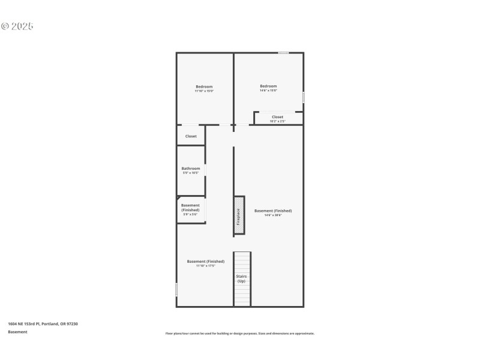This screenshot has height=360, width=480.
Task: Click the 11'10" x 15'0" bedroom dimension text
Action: (204, 91)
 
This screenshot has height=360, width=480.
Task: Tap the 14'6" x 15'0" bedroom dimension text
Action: (268, 91)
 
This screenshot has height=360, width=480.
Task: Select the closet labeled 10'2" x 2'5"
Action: (277, 119)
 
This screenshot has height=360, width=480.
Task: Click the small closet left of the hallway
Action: (191, 136)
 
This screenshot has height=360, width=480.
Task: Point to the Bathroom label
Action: (191, 169)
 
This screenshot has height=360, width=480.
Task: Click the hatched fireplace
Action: (239, 215)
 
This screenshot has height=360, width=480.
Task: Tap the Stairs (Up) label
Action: (241, 279)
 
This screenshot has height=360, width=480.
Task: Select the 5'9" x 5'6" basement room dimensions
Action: (190, 214)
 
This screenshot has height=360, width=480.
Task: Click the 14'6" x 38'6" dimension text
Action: (273, 215)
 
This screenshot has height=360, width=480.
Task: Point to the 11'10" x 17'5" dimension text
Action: (206, 266)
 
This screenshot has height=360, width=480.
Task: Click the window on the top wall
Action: (283, 53)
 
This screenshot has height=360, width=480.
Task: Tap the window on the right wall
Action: (303, 97)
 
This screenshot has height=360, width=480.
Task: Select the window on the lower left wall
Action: (176, 289)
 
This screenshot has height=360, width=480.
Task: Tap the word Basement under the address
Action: (17, 332)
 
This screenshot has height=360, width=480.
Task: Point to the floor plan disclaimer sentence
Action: (240, 334)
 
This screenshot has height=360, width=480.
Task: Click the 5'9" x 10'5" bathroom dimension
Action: (191, 173)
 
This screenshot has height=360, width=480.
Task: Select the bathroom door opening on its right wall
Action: (205, 170)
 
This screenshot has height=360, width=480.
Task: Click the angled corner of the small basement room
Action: (179, 198)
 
